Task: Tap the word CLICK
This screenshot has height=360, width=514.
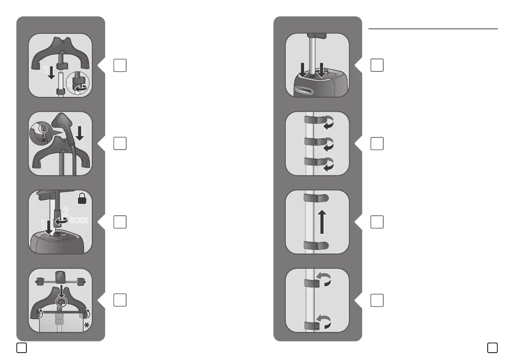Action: click(x=78, y=220)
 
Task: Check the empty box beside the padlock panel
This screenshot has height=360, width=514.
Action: click(x=120, y=222)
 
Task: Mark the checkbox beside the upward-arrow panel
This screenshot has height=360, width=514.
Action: click(x=377, y=222)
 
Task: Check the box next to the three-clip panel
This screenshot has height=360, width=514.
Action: click(x=377, y=144)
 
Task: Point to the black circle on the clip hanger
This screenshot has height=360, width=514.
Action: click(x=61, y=302)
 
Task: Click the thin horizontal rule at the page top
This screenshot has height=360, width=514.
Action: click(x=433, y=29)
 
